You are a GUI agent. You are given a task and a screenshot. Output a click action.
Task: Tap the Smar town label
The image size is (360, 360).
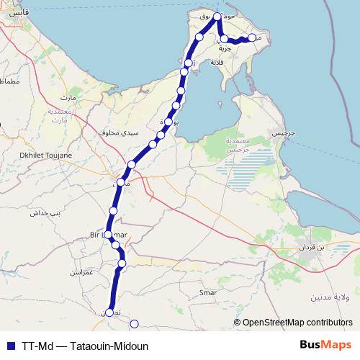tap(207, 293)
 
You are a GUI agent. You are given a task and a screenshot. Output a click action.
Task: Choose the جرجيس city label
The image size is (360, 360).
tap(278, 135)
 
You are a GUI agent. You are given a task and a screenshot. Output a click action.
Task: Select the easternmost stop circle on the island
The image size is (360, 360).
tap(252, 38)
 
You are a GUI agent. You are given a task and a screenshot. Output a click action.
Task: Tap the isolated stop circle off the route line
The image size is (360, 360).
tap(133, 323)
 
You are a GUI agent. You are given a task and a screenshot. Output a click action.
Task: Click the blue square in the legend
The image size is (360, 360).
tap(10, 346)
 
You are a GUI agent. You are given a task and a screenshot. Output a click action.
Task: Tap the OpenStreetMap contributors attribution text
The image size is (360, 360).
tap(297, 323)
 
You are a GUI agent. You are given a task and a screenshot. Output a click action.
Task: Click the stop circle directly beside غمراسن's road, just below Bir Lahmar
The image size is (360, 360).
tap(116, 246)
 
